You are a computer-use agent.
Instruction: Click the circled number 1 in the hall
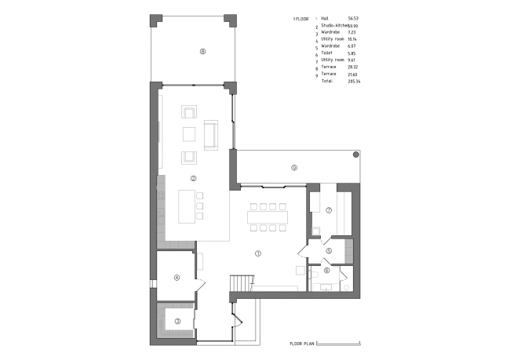pos(258,253)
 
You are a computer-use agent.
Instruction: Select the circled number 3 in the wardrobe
pos(177,321)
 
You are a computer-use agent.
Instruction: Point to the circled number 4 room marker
pos(177,277)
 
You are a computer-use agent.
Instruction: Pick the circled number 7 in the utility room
pos(330,210)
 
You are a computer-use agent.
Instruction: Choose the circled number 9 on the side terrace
pos(293,167)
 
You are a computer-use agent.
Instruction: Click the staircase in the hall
pos(242,283)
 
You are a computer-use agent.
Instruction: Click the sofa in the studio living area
pos(210,135)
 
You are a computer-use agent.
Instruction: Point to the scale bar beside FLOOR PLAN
pos(345,344)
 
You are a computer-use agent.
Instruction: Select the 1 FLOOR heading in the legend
pos(301,17)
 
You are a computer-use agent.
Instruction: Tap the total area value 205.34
pos(341,81)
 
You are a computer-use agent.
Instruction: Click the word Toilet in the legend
pos(327,53)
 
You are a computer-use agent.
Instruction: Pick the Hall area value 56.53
pos(341,17)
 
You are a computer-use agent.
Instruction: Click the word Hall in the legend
pos(326,17)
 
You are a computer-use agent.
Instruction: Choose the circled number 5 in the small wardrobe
pos(330,251)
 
